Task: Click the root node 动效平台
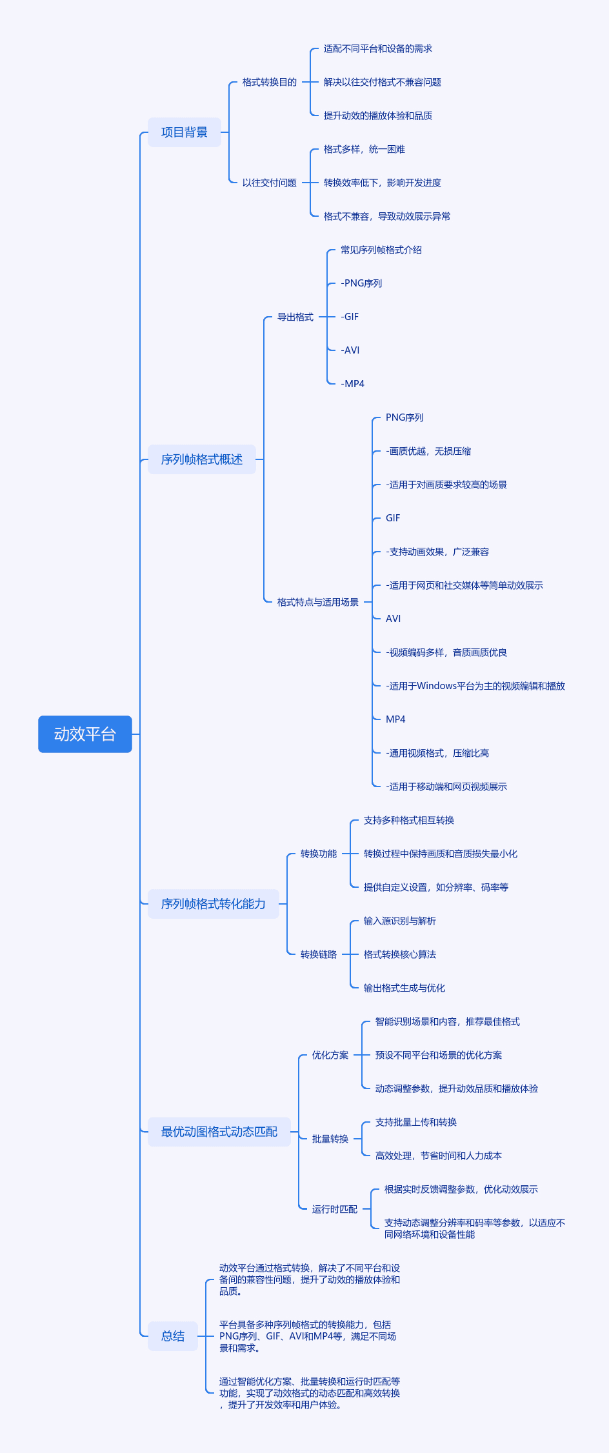[x=85, y=734]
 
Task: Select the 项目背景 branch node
[x=185, y=132]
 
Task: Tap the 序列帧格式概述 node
[x=202, y=459]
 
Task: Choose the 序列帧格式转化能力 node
[x=214, y=904]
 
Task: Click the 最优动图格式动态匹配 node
[x=219, y=1132]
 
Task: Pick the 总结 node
[x=173, y=1336]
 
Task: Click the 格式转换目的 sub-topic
[x=270, y=82]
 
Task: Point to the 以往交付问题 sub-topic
[x=270, y=183]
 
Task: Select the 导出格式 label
[x=295, y=317]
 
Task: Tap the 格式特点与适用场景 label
[x=318, y=602]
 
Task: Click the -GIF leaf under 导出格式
[x=350, y=317]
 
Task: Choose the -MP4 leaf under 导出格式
[x=352, y=384]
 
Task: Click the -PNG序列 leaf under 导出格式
[x=361, y=283]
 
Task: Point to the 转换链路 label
[x=319, y=954]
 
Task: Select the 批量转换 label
[x=330, y=1139]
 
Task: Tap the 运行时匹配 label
[x=335, y=1209]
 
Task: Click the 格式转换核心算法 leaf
[x=400, y=954]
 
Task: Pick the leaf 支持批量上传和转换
[x=416, y=1122]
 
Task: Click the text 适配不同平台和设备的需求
[x=378, y=48]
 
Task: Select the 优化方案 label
[x=330, y=1055]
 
